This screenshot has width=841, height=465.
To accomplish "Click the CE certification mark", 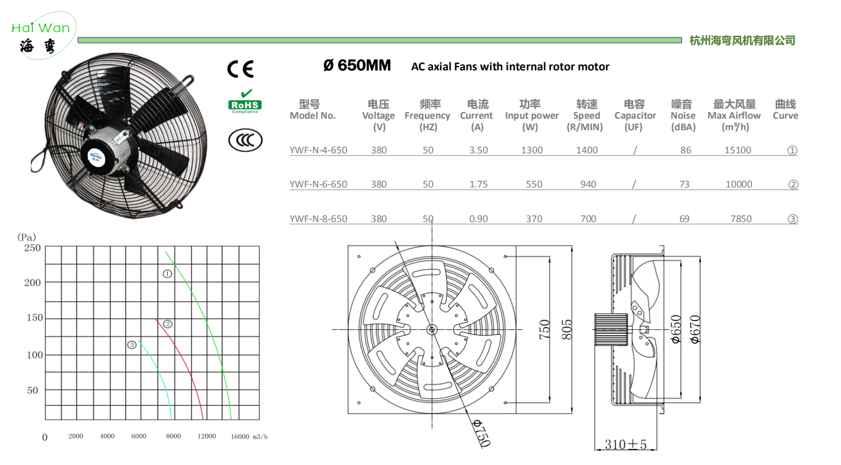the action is point(240,69).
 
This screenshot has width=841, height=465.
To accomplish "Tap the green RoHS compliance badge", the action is point(245,102).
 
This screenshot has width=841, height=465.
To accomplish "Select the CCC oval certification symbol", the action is point(245,140).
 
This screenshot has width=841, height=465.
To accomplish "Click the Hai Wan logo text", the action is point(41,28).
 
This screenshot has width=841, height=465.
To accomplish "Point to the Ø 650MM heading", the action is point(357,65).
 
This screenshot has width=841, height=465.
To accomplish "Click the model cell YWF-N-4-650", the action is point(318,150).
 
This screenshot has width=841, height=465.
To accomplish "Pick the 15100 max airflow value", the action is point(737,150).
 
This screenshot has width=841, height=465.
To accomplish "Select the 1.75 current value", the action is point(478,184).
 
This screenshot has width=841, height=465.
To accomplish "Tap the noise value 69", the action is point(684,219).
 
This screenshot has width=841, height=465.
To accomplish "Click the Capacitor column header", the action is point(635,115).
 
